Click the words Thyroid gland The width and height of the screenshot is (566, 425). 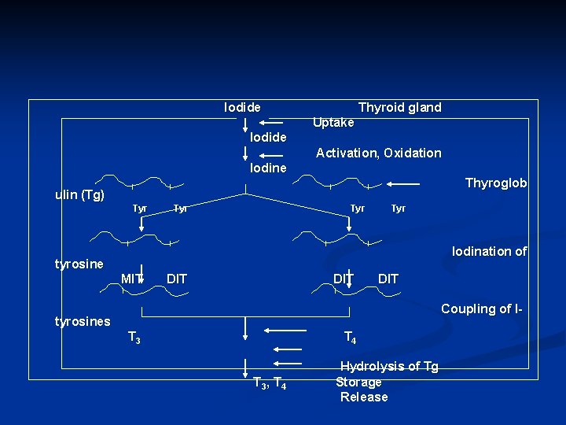click(x=399, y=107)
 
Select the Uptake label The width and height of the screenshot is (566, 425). click(x=333, y=122)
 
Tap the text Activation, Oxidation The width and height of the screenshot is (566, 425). click(x=378, y=153)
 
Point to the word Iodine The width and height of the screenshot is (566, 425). click(x=268, y=168)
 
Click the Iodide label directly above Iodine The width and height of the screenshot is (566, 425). click(x=268, y=137)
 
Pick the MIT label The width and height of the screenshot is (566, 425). click(x=131, y=278)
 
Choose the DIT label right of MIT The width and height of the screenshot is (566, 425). click(x=177, y=278)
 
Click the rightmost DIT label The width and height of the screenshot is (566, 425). click(x=388, y=278)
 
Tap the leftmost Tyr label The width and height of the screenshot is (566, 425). click(x=140, y=209)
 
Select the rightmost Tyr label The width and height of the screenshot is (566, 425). click(x=399, y=209)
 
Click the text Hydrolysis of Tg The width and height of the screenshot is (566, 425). click(x=389, y=367)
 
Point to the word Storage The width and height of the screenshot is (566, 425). click(x=358, y=382)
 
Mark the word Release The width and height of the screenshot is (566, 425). click(x=364, y=397)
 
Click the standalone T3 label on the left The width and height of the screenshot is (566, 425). click(x=134, y=338)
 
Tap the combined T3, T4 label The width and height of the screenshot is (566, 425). click(x=270, y=383)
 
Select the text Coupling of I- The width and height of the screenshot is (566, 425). click(x=481, y=309)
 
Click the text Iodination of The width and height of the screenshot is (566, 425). click(x=489, y=252)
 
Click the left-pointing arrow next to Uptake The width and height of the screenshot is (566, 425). click(x=274, y=123)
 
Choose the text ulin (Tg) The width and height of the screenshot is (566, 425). click(x=79, y=194)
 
